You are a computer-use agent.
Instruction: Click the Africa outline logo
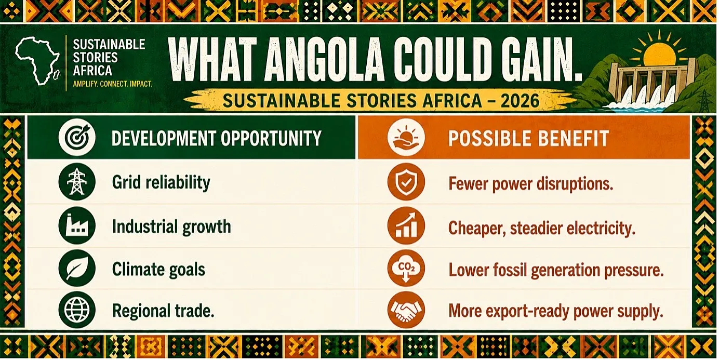[x=37, y=61]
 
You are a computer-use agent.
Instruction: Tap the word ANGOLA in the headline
[x=325, y=60]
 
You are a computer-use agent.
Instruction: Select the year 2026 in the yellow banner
[x=520, y=101]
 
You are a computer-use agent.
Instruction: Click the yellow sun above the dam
[x=660, y=55]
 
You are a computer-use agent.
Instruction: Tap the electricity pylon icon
[x=77, y=182]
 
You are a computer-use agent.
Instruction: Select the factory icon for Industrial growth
[x=77, y=225]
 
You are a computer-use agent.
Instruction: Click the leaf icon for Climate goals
[x=77, y=268]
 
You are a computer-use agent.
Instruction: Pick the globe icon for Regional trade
[x=77, y=310]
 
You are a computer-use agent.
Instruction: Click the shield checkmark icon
[x=406, y=182]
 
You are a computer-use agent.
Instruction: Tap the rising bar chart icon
[x=406, y=226]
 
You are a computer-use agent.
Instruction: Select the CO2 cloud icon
[x=406, y=268]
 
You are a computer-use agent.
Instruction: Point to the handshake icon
[x=406, y=310]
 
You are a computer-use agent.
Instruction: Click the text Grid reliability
[x=161, y=183]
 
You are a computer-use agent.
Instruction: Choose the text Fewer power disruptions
[x=530, y=184]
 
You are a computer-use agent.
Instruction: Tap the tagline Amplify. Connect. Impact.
[x=112, y=84]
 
